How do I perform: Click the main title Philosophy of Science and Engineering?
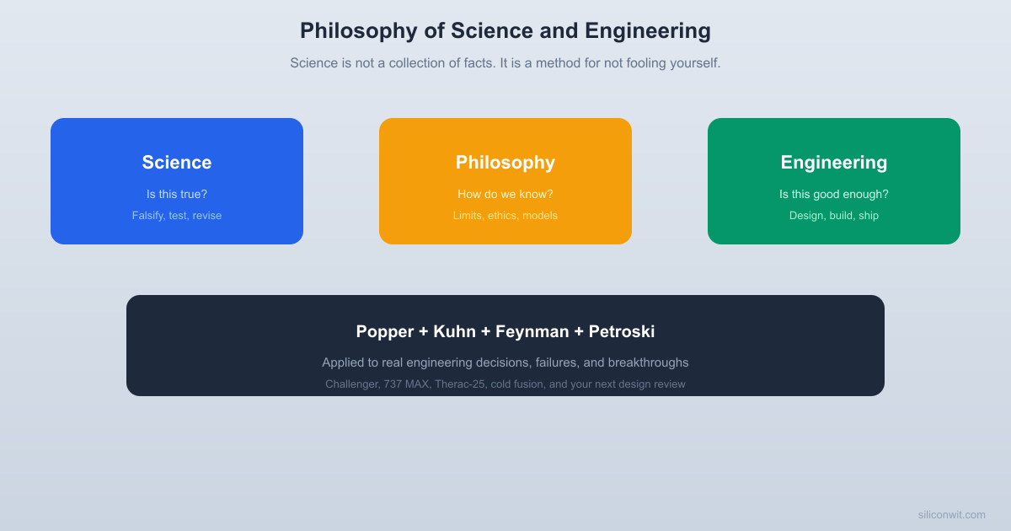pyautogui.click(x=505, y=31)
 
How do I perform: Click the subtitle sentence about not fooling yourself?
pyautogui.click(x=505, y=63)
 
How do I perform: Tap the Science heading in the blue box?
pyautogui.click(x=177, y=163)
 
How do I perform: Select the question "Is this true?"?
pyautogui.click(x=177, y=195)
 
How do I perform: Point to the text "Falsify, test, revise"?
pyautogui.click(x=177, y=216)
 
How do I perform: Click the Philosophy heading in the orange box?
pyautogui.click(x=505, y=163)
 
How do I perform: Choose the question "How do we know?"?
pyautogui.click(x=505, y=195)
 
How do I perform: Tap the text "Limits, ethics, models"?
pyautogui.click(x=505, y=216)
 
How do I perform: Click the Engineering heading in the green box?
pyautogui.click(x=834, y=163)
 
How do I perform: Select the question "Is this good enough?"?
pyautogui.click(x=834, y=195)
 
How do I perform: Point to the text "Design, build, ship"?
pyautogui.click(x=834, y=216)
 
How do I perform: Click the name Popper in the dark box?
pyautogui.click(x=385, y=332)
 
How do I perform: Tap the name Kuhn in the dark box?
pyautogui.click(x=456, y=332)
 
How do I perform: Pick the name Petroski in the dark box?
pyautogui.click(x=622, y=332)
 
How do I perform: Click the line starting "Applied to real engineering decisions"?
pyautogui.click(x=505, y=362)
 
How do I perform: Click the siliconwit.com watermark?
pyautogui.click(x=951, y=515)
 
